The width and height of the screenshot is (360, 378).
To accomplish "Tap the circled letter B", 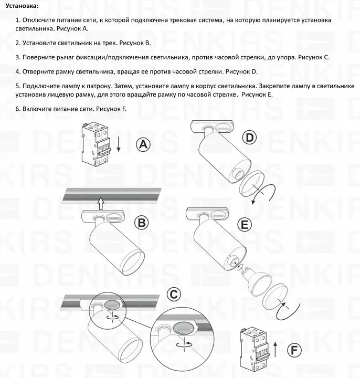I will point(142,223).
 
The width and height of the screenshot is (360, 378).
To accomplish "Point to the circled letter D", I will point(250,138).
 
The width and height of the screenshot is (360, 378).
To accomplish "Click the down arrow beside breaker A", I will point(119,143).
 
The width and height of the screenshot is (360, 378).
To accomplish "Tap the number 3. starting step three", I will point(18,57).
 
